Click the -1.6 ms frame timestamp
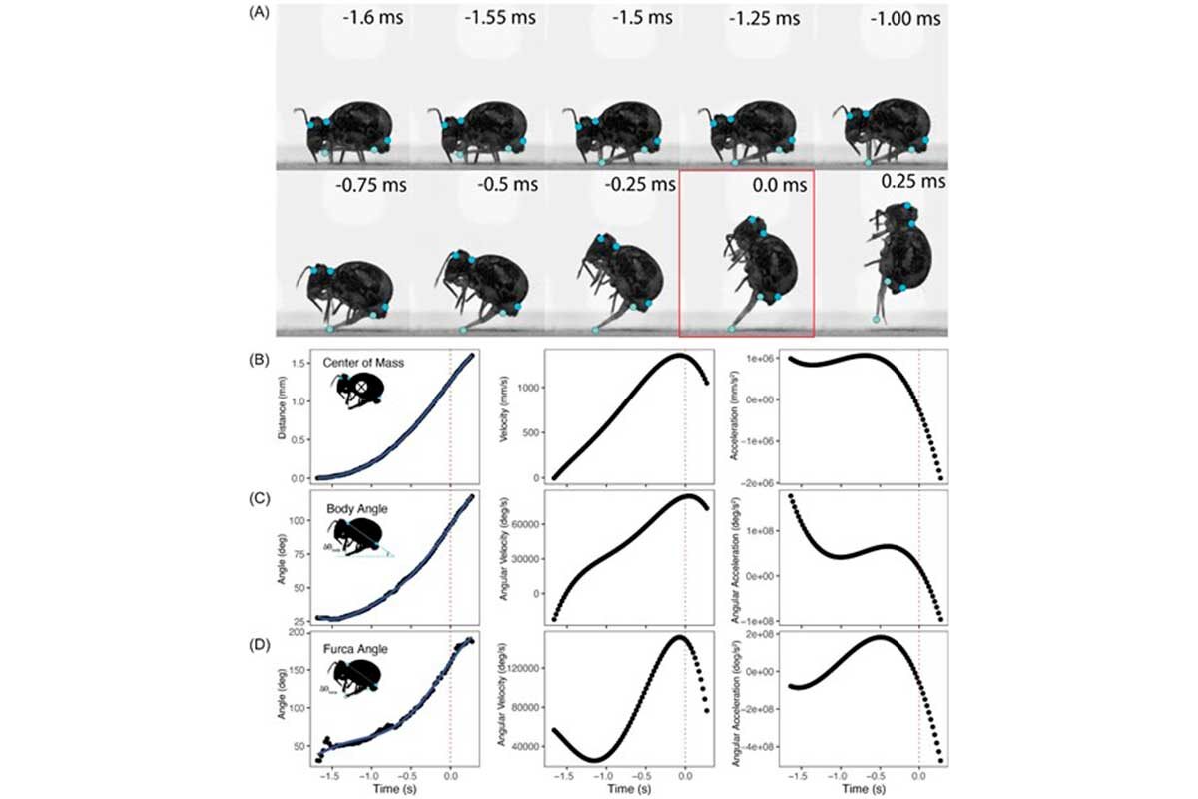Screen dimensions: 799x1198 pyautogui.click(x=373, y=18)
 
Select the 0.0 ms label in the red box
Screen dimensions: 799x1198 pyautogui.click(x=771, y=185)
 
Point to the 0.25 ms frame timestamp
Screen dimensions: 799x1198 pyautogui.click(x=912, y=182)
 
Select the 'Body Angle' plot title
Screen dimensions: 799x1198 pyautogui.click(x=357, y=508)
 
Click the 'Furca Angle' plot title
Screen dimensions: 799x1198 pyautogui.click(x=358, y=649)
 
